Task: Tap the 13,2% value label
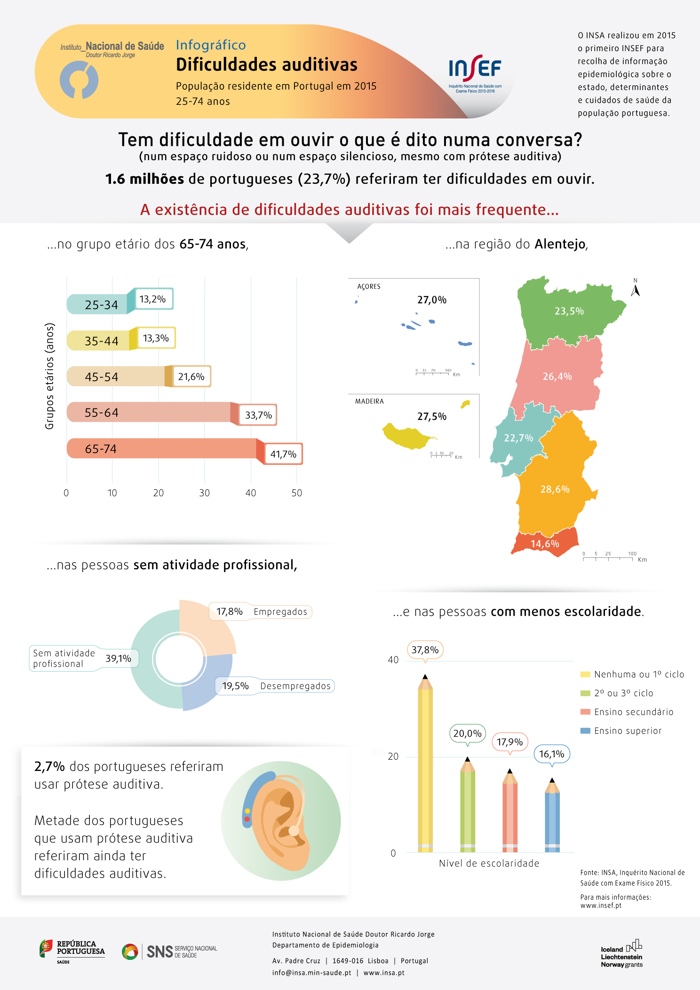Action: point(153,299)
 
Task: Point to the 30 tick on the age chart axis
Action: point(204,493)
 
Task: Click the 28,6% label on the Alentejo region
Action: point(555,489)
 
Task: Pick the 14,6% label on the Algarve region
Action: point(545,544)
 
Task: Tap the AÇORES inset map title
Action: point(369,286)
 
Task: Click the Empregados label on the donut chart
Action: point(280,612)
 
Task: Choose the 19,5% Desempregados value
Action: point(236,686)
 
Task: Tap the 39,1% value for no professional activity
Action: point(118,658)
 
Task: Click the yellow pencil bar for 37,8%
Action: point(425,766)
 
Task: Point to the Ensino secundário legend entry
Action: point(633,712)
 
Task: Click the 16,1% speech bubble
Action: point(552,754)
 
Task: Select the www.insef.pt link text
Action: point(601,905)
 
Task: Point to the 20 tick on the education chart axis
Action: point(393,756)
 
